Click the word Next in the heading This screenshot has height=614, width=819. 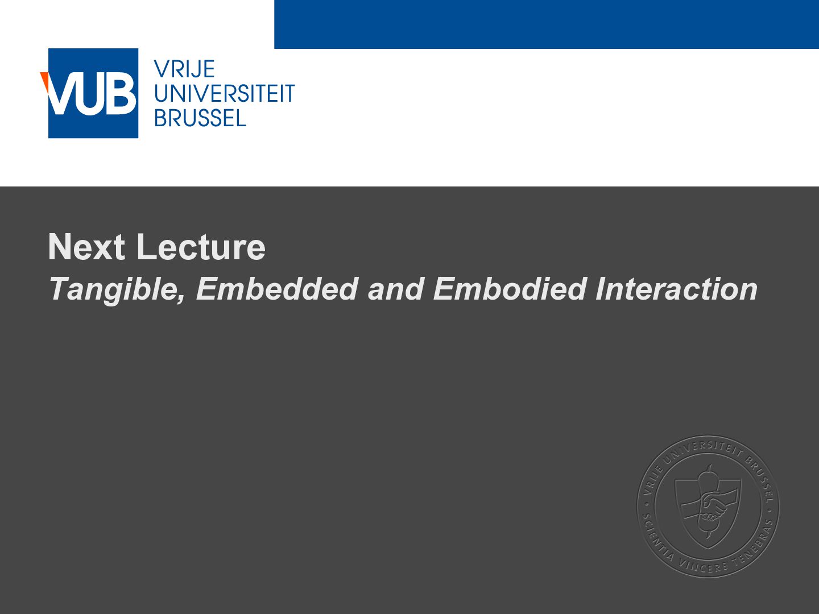pos(86,246)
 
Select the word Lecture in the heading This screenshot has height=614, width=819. pos(201,246)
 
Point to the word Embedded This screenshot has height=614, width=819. pos(277,289)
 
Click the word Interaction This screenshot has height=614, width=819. pos(676,289)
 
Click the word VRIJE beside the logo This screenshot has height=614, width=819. pos(184,69)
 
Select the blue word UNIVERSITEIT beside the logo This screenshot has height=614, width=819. pos(225,93)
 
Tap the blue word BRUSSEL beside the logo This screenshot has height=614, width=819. pos(200,118)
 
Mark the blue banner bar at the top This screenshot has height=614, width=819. pos(547,24)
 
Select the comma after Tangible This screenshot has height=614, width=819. pos(181,299)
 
